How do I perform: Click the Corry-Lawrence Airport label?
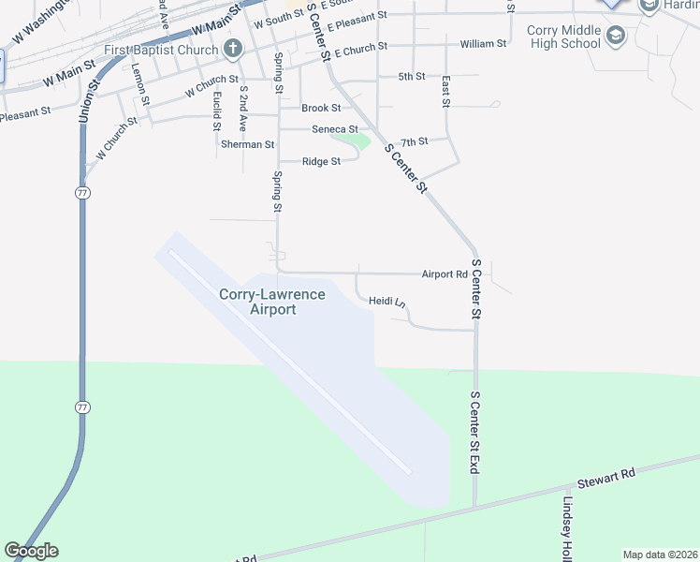click(272, 302)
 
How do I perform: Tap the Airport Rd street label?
click(444, 274)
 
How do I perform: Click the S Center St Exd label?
click(474, 433)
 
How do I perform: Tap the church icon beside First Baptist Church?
click(233, 49)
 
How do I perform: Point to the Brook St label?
click(320, 109)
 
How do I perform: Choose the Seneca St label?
click(335, 129)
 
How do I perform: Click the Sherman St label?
click(247, 145)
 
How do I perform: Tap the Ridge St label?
click(321, 162)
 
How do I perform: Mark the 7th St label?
click(414, 141)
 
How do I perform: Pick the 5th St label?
click(412, 76)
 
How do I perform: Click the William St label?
click(483, 44)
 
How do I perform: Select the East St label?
click(446, 91)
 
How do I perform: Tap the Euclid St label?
click(216, 110)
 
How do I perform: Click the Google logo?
click(31, 551)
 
